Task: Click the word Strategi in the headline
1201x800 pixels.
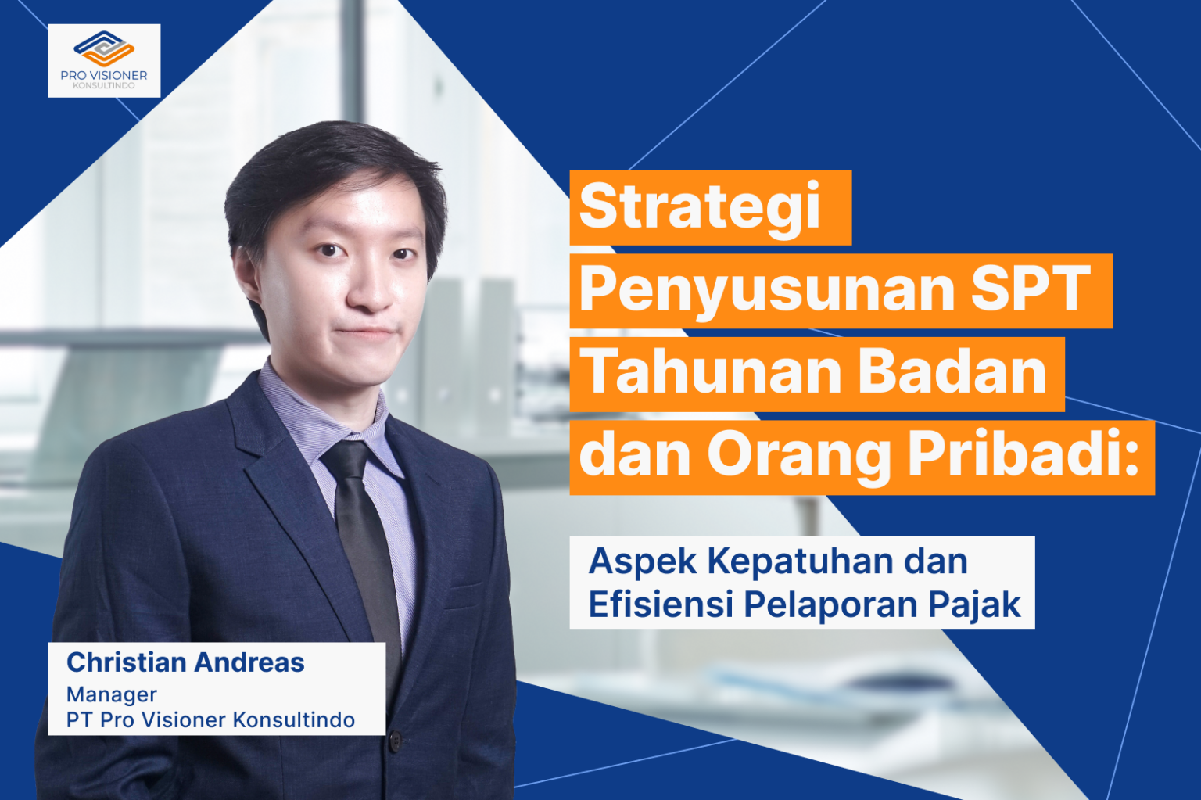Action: (x=699, y=208)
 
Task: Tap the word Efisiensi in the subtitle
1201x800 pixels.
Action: (x=660, y=604)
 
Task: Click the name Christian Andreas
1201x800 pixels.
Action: (x=185, y=663)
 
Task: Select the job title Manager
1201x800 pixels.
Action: (x=112, y=695)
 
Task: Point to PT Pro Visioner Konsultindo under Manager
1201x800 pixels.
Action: (x=210, y=720)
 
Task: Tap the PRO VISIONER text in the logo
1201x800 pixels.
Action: (x=104, y=75)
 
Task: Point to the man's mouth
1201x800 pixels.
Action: (x=365, y=333)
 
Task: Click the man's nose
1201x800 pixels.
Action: (x=371, y=293)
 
